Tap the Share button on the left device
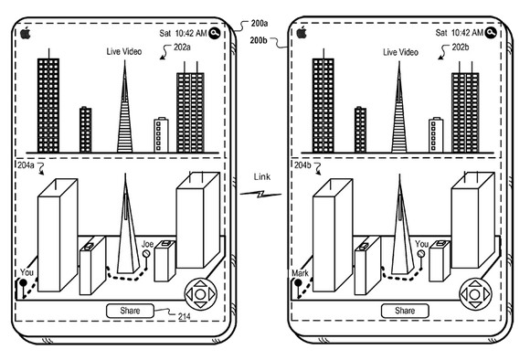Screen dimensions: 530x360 130,311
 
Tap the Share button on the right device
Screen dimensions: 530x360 405,311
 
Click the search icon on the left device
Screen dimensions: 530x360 215,33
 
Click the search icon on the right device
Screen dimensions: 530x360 491,33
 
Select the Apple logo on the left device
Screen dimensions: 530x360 26,33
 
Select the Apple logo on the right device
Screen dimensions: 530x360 302,33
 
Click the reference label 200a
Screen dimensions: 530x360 260,24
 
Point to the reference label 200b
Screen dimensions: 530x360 259,40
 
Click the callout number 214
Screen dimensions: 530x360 185,316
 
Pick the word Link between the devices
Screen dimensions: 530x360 262,176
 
